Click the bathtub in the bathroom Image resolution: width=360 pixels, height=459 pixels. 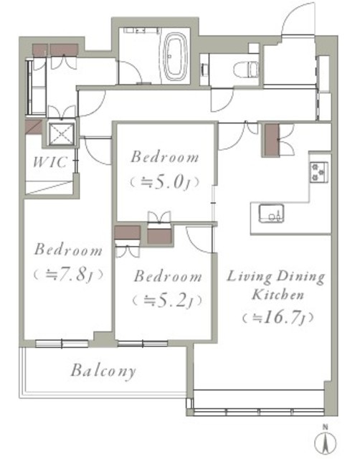(x=175, y=56)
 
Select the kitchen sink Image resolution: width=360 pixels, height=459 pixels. (x=271, y=213)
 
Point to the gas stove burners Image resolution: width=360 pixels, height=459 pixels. (x=318, y=172)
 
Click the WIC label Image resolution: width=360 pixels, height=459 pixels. (x=50, y=162)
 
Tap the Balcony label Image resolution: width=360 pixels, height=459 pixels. (x=103, y=371)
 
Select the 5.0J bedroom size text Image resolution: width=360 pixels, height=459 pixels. (x=164, y=183)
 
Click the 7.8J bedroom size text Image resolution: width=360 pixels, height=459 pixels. (x=69, y=275)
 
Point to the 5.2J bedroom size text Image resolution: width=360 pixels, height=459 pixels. (x=167, y=301)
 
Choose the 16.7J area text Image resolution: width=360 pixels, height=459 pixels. (x=278, y=317)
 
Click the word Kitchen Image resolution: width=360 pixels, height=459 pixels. (x=278, y=295)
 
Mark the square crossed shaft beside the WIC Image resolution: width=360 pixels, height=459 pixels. (x=62, y=134)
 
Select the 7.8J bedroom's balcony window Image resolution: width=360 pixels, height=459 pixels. (x=62, y=344)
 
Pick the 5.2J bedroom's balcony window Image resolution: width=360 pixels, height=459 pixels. (x=143, y=344)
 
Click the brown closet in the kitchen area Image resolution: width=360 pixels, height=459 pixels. (x=272, y=140)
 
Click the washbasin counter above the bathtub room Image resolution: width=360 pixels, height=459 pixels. (x=142, y=30)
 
